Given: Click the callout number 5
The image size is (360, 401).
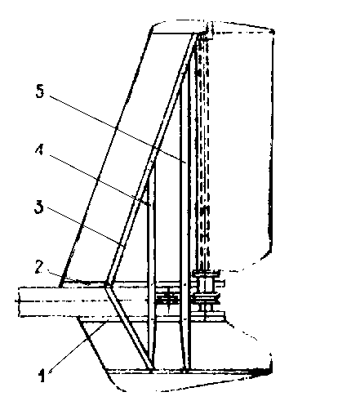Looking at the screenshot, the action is point(40,91).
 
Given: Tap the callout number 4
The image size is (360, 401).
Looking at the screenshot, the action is point(40,149).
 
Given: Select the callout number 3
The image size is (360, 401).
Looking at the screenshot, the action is point(39,207).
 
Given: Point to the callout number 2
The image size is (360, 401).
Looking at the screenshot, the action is point(39,267).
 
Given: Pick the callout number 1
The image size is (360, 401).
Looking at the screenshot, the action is point(42,376).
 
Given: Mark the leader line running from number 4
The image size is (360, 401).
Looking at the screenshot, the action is point(100,180).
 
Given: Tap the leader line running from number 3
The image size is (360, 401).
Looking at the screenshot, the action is point(87,227).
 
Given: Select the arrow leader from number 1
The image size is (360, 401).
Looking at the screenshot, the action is point(78,346).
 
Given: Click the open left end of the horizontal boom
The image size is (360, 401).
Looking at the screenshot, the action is point(19,301).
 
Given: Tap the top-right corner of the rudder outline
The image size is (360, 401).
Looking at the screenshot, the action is point(273,31).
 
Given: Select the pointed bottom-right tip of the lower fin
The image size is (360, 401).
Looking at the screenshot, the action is point(272,371).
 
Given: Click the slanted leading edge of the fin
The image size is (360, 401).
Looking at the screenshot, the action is point(105,158).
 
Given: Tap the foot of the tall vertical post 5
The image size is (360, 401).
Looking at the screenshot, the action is point(186,369).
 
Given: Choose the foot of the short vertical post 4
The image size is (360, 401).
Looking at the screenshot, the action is point(151,369).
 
